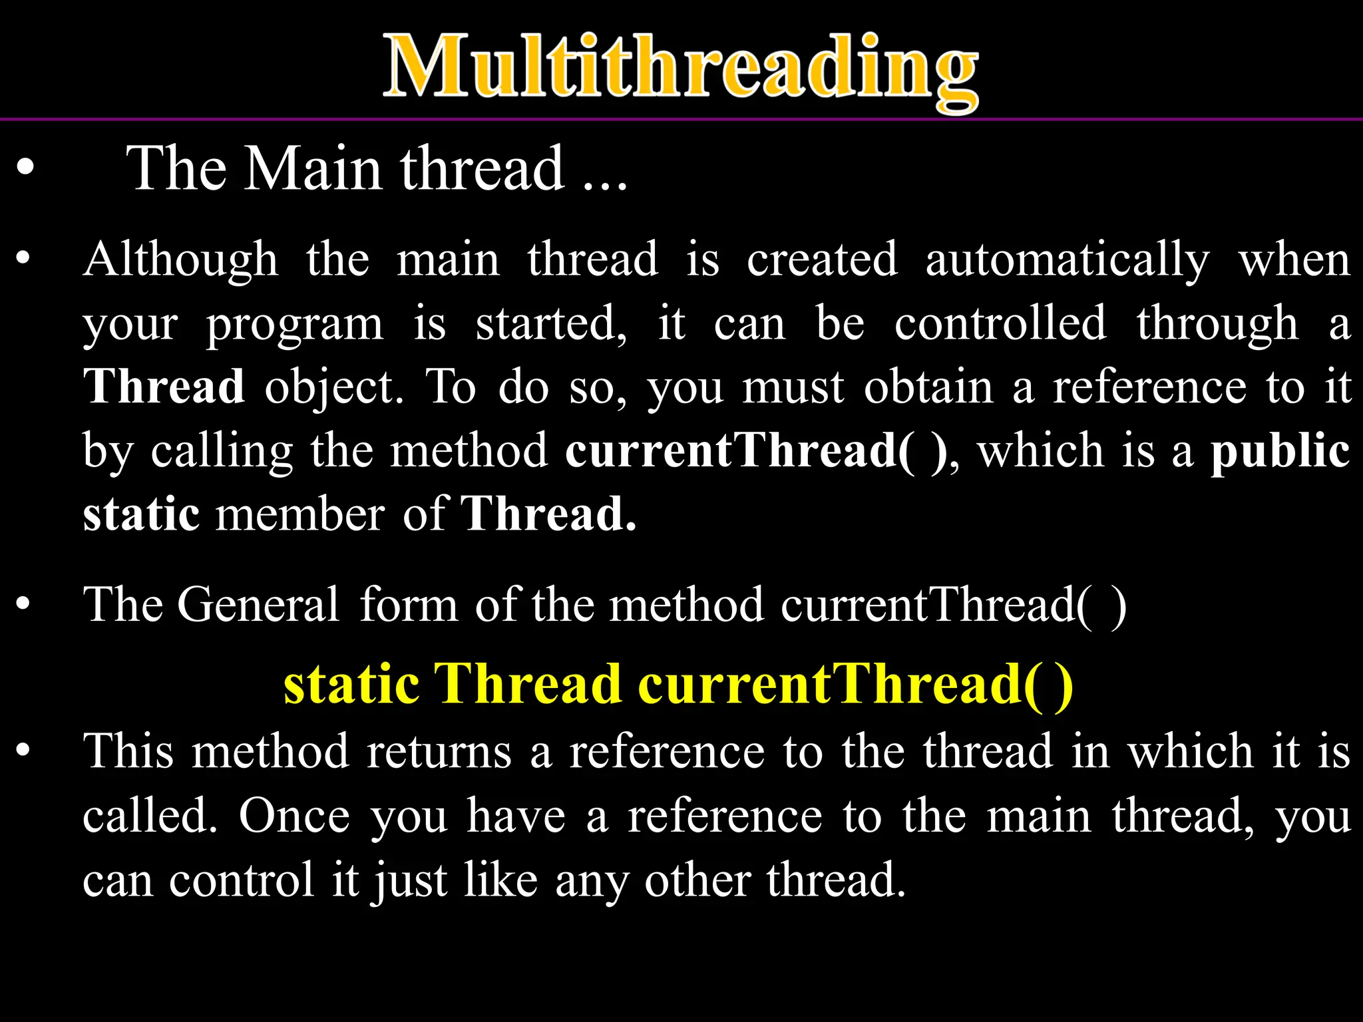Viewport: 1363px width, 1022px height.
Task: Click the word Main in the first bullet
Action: (313, 169)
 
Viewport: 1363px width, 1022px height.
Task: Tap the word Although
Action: (180, 259)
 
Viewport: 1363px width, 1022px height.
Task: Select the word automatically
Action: (1067, 259)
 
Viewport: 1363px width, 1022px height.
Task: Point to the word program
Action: (294, 325)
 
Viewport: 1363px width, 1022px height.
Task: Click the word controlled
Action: (1000, 323)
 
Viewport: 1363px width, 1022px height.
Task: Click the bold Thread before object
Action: (164, 387)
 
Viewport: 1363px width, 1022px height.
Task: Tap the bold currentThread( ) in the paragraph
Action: (756, 450)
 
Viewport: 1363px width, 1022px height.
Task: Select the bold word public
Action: (1280, 450)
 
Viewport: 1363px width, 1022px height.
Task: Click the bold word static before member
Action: (141, 514)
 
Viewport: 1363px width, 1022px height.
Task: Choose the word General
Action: (258, 605)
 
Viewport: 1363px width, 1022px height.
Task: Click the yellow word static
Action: (351, 684)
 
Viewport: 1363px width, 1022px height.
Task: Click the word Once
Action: (293, 816)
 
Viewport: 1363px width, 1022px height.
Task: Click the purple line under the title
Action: (681, 119)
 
